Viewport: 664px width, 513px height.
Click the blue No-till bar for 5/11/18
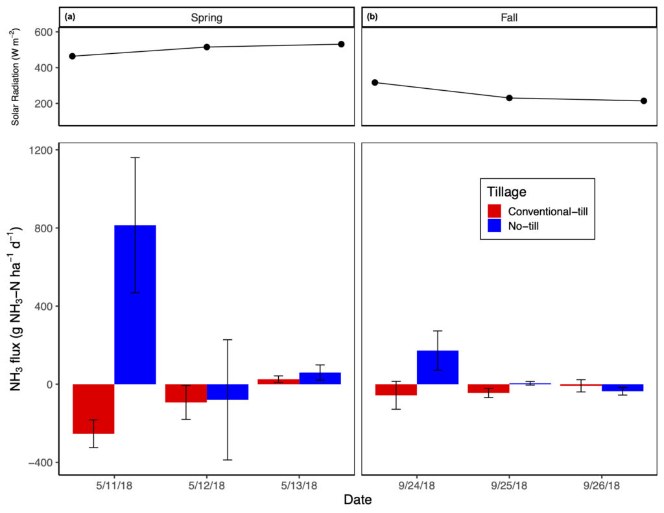(135, 304)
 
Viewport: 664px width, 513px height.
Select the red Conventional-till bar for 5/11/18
(93, 409)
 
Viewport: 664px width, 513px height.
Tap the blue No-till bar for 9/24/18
(438, 367)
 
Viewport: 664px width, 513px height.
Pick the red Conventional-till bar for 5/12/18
(186, 393)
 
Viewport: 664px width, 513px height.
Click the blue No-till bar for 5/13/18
(320, 378)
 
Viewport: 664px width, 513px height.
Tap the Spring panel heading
(207, 18)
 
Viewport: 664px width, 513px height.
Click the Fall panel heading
(508, 18)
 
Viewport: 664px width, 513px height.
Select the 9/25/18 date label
(508, 486)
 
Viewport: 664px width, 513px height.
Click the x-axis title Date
(358, 501)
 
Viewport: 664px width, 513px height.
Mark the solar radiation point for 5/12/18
(207, 47)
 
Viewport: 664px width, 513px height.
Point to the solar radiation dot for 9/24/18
(375, 82)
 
